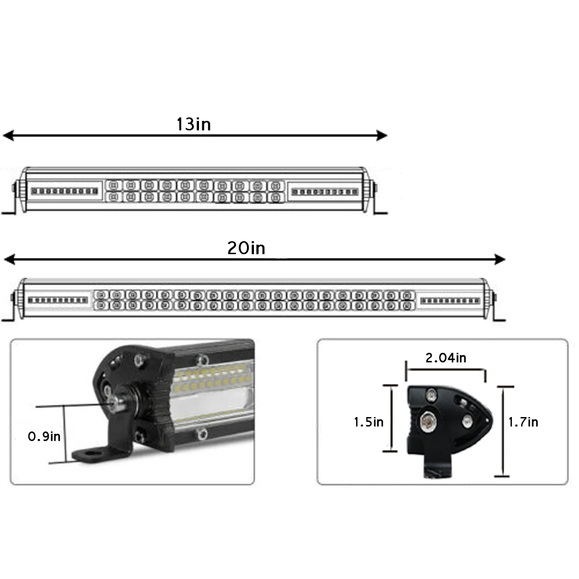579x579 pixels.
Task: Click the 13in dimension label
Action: point(193,124)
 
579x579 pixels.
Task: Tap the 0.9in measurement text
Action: point(44,436)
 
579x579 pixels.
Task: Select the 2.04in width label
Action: point(445,358)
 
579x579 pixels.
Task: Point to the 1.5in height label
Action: point(368,422)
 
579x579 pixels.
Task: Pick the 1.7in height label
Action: point(523,422)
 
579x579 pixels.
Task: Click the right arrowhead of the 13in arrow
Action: point(382,136)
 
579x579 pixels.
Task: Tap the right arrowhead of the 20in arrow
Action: point(500,259)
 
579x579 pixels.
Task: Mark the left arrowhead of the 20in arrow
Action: point(8,259)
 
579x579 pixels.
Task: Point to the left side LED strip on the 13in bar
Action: point(64,191)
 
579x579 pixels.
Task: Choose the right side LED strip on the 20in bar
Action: point(449,301)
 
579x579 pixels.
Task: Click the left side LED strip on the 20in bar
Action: point(58,300)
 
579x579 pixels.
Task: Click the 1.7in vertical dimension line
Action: point(502,432)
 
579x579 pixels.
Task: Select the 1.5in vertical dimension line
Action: point(393,419)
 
